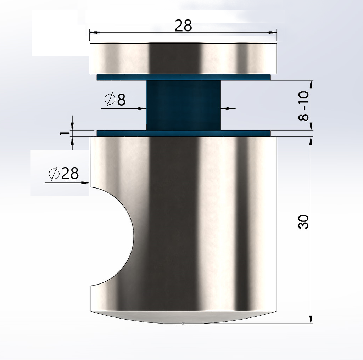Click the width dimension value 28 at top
click(183, 26)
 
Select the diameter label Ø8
click(115, 100)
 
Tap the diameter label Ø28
click(63, 174)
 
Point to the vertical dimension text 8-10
click(304, 106)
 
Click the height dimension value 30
click(304, 222)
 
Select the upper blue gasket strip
click(183, 77)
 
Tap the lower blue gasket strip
click(183, 133)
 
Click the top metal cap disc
click(183, 58)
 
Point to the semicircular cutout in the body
click(110, 236)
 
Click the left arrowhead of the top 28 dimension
click(93, 33)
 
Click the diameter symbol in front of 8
click(110, 100)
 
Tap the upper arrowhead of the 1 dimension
click(72, 126)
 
